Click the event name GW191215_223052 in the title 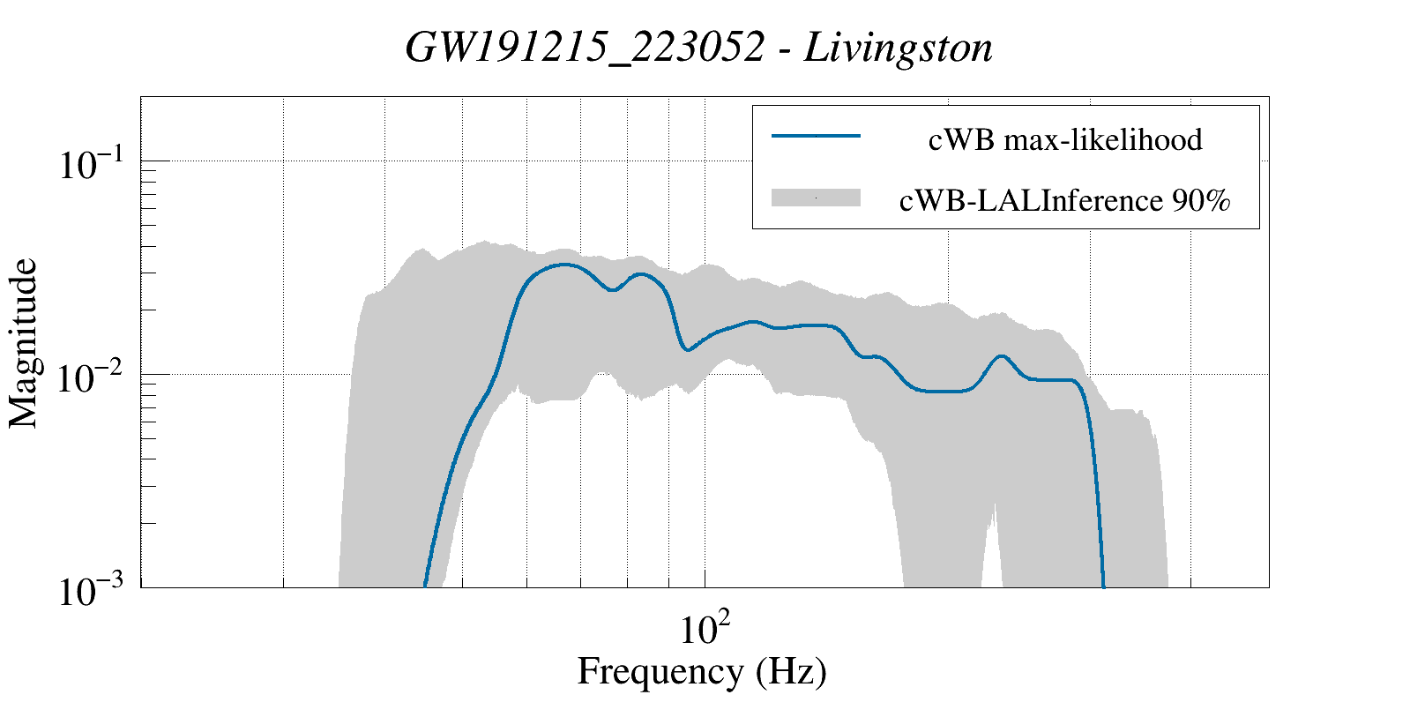[584, 48]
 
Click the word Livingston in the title [899, 48]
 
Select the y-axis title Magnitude [24, 343]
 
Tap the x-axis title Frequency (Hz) [702, 671]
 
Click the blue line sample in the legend [816, 136]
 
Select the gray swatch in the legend [816, 198]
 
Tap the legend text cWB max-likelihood [1065, 139]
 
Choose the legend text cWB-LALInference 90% [1064, 201]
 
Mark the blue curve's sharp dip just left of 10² [687, 350]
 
